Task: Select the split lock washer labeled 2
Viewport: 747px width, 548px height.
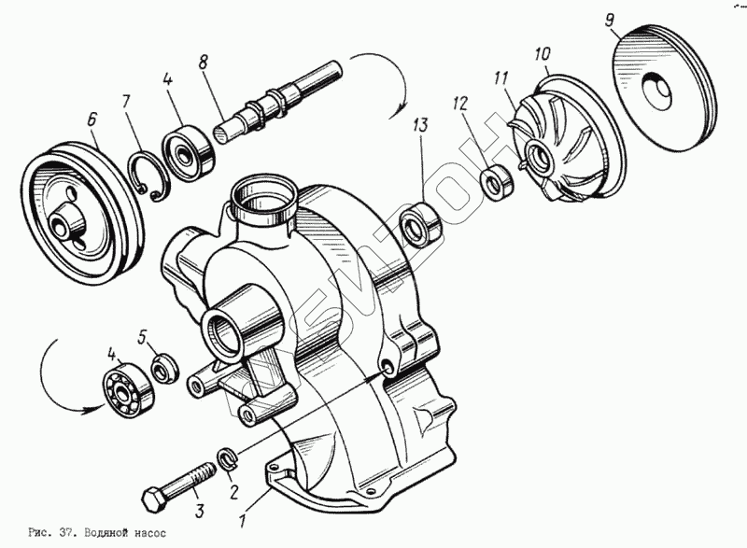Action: pyautogui.click(x=228, y=458)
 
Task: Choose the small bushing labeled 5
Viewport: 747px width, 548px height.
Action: pyautogui.click(x=164, y=367)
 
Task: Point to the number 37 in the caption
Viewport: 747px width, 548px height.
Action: pyautogui.click(x=65, y=534)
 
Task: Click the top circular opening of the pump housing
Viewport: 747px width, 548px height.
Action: pyautogui.click(x=264, y=196)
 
